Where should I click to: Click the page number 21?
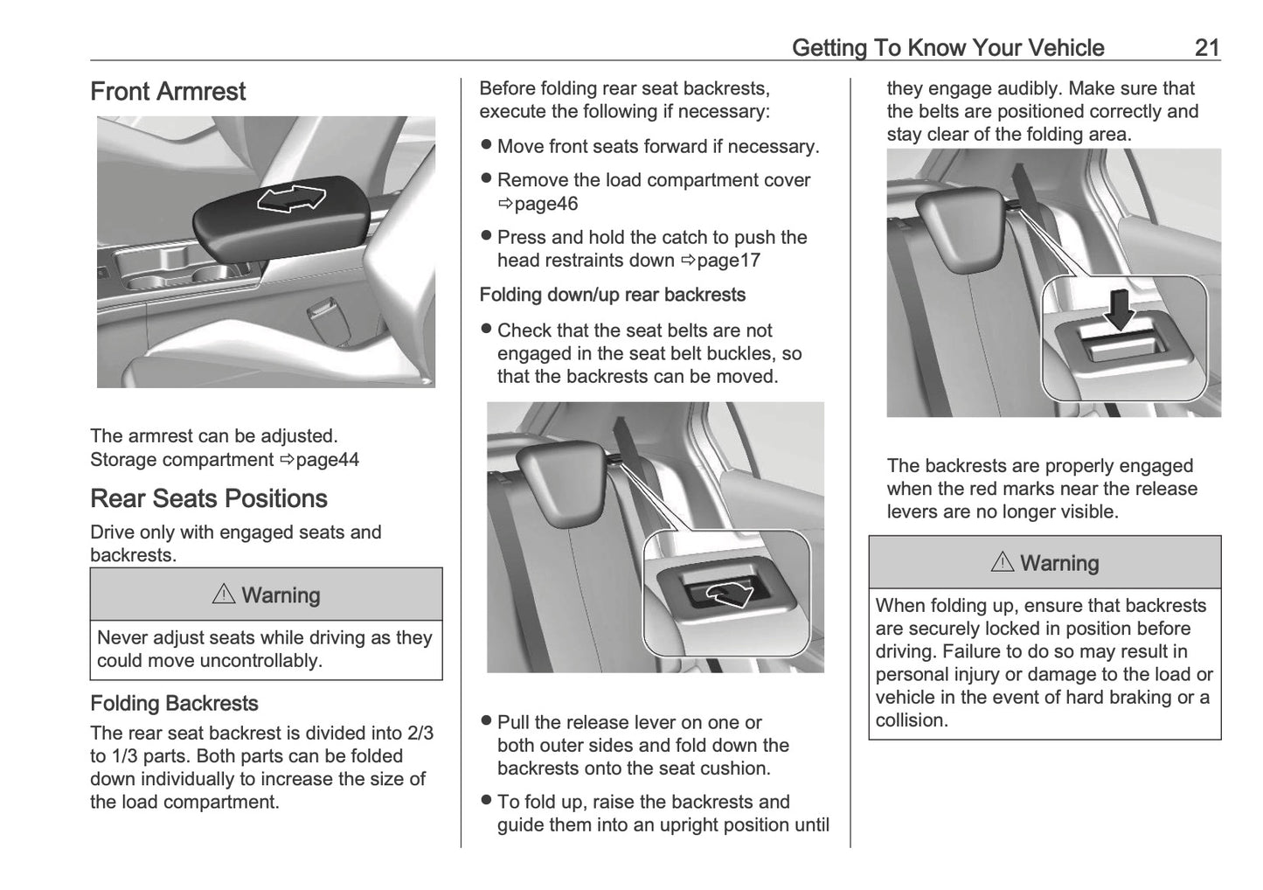click(1206, 47)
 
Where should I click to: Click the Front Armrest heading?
click(168, 92)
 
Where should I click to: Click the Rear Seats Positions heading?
click(209, 498)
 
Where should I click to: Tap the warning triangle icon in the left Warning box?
click(224, 594)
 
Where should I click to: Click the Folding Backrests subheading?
click(174, 704)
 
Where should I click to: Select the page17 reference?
click(727, 261)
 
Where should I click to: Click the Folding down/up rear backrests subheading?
click(612, 295)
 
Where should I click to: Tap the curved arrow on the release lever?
click(730, 594)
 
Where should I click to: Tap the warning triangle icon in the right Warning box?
click(1003, 562)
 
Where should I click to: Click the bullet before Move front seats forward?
click(487, 146)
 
